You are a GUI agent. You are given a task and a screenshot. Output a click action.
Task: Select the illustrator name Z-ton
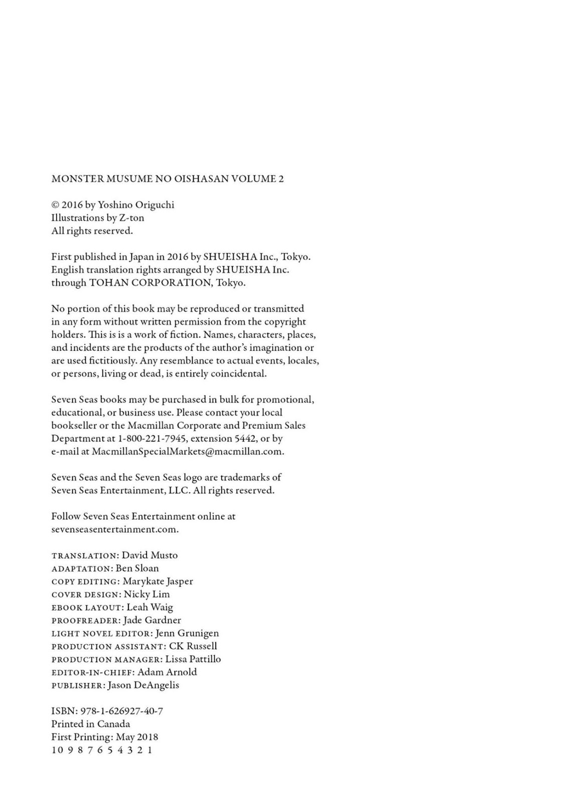pos(131,218)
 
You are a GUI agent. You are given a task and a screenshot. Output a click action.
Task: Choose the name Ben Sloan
pos(137,568)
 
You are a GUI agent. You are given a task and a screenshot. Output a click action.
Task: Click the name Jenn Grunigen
pos(187,634)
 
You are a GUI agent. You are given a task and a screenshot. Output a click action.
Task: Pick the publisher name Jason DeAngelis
pos(143,685)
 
